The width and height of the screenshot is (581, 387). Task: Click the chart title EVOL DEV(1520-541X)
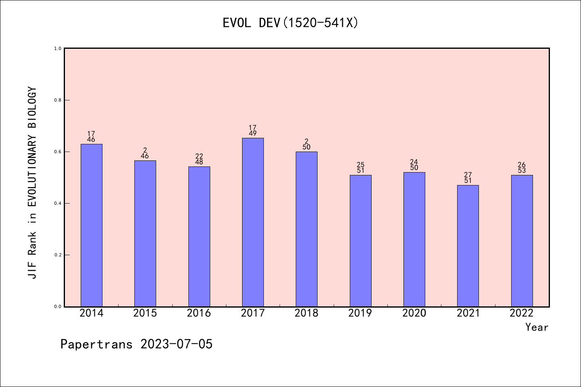click(290, 23)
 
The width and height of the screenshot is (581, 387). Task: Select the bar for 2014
click(92, 225)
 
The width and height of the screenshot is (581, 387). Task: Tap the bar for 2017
click(253, 222)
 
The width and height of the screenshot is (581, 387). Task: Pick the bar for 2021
click(468, 246)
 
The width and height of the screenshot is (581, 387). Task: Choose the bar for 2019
click(360, 241)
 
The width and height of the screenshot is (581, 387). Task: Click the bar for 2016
click(199, 237)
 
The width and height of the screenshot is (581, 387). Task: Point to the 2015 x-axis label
click(145, 313)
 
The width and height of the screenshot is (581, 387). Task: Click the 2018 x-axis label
click(306, 313)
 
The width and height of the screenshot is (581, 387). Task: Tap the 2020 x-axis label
click(414, 313)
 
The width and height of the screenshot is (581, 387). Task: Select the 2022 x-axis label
click(522, 313)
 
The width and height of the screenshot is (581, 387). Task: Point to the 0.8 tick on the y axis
click(58, 100)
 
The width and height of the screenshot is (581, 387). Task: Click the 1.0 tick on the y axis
click(58, 48)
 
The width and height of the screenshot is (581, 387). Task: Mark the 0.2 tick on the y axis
click(58, 255)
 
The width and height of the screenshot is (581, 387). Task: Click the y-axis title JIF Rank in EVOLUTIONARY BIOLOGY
click(32, 182)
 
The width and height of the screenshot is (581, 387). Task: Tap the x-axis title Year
click(537, 327)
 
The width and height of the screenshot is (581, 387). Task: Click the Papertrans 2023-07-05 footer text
click(136, 344)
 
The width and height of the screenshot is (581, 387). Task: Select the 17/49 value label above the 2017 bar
click(253, 131)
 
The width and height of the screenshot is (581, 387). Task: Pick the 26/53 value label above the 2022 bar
click(522, 168)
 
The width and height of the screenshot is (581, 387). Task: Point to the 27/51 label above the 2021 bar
click(468, 178)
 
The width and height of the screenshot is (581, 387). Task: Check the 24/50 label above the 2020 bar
click(414, 165)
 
